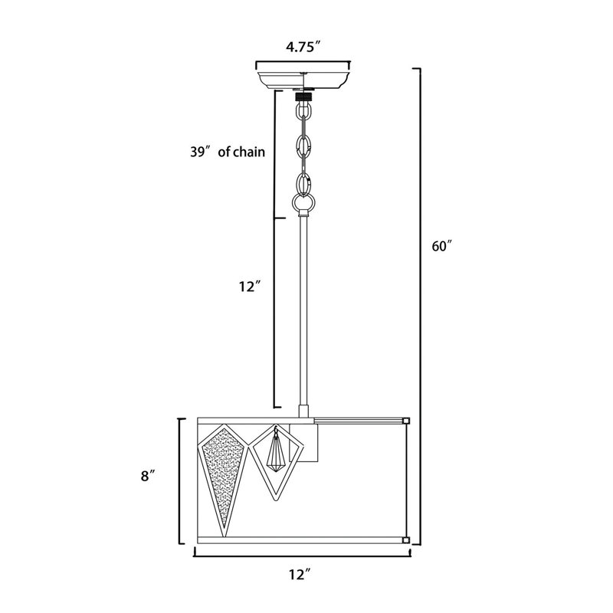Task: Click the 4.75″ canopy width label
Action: (x=303, y=47)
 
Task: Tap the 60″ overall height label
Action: (x=442, y=246)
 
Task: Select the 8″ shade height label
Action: (x=148, y=476)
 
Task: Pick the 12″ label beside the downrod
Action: (x=250, y=287)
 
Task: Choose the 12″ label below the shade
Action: (x=300, y=574)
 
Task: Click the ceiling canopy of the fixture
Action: (x=303, y=80)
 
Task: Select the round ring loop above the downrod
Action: (x=303, y=202)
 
